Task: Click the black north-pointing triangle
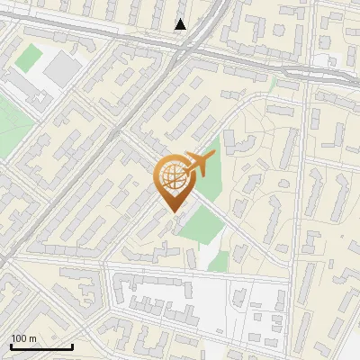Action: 180,24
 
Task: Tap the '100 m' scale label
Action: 24,338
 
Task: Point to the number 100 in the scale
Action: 19,338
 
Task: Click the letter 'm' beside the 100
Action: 33,339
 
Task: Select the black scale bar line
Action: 41,347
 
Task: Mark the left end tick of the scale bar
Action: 12,346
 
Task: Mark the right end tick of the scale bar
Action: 72,346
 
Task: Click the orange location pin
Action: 172,183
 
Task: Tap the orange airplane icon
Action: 198,165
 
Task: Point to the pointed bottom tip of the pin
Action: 172,211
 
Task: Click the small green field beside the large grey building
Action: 29,58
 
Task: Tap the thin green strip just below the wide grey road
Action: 271,83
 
